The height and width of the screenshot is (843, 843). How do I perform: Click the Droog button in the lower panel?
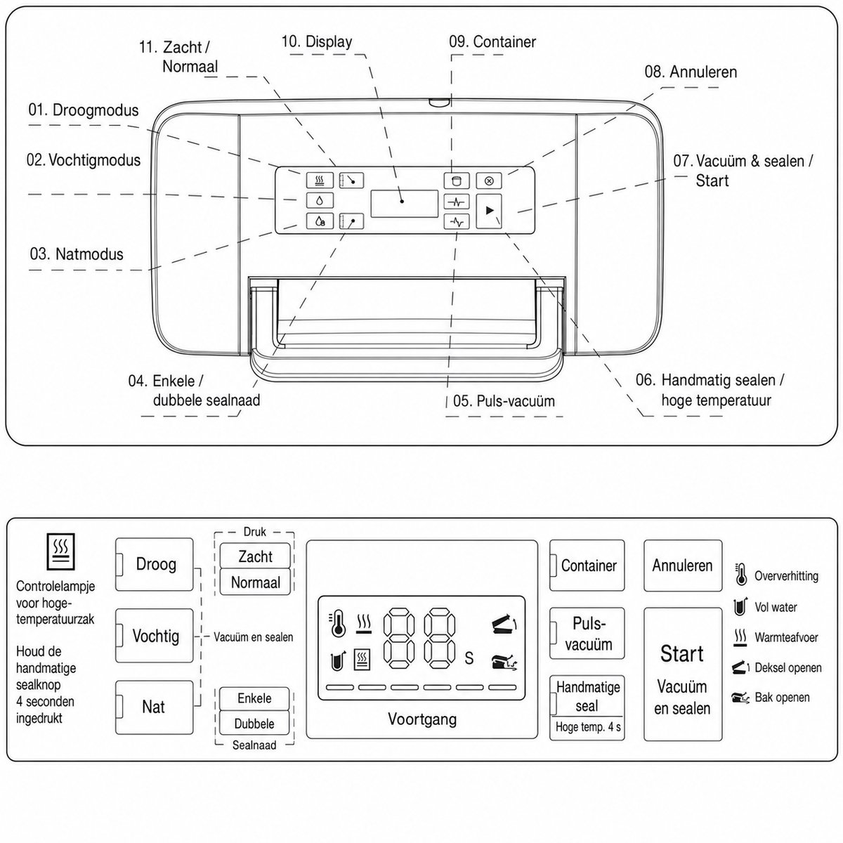click(x=154, y=564)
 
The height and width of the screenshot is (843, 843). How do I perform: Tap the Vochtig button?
click(x=154, y=636)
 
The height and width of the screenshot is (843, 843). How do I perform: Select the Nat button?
click(x=154, y=707)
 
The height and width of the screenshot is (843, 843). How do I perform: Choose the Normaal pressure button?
click(x=255, y=582)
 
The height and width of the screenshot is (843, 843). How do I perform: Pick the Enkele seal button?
click(x=254, y=698)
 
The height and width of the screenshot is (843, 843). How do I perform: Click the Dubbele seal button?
click(x=254, y=723)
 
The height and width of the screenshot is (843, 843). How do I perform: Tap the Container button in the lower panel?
click(x=587, y=566)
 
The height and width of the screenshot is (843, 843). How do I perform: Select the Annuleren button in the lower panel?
click(x=682, y=566)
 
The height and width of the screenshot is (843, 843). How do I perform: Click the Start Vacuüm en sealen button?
click(x=682, y=674)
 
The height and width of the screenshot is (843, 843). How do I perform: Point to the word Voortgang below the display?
click(x=422, y=719)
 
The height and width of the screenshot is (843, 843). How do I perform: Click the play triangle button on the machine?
click(x=489, y=211)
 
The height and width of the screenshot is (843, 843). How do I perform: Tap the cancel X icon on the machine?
click(x=489, y=181)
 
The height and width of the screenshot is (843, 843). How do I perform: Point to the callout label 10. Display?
click(x=317, y=41)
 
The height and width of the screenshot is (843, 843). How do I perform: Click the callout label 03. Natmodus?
click(x=77, y=254)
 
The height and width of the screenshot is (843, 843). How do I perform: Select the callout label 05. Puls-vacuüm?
click(x=504, y=400)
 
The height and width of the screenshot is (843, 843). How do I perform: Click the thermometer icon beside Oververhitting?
click(x=740, y=575)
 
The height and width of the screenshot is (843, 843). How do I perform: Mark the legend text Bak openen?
click(x=782, y=697)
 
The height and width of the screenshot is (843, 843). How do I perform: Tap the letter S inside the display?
click(x=469, y=658)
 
